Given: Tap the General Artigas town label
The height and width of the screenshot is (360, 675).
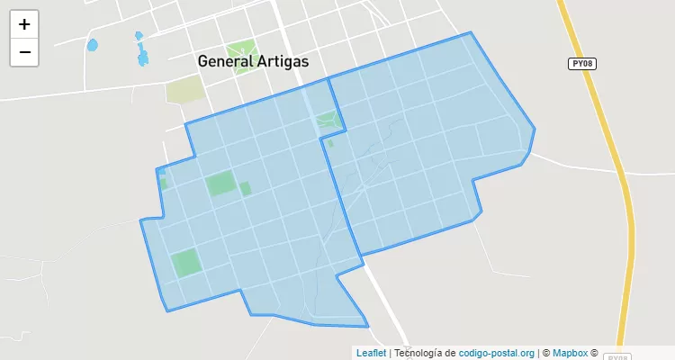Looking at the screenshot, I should click(253, 61).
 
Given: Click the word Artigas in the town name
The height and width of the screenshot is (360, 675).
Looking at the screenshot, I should click(279, 61).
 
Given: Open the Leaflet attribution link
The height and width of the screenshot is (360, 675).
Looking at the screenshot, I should click(371, 353).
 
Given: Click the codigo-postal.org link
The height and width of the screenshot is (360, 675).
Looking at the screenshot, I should click(497, 353).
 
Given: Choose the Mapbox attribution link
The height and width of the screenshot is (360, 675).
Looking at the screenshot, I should click(570, 353).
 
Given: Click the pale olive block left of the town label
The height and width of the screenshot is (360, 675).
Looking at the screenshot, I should click(184, 89).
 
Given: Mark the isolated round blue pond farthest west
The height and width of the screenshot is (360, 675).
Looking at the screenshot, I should click(91, 44).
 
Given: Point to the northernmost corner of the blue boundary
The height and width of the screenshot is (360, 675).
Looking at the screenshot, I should click(470, 32).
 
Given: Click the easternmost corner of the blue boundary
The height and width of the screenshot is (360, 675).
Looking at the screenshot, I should click(535, 128).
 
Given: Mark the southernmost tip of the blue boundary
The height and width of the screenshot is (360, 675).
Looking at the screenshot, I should click(368, 327).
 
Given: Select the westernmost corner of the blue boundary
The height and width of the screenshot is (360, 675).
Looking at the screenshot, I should click(140, 220).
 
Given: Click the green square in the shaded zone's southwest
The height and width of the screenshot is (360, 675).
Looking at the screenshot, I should click(186, 263).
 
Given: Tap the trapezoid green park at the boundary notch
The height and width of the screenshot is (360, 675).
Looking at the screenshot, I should click(328, 121).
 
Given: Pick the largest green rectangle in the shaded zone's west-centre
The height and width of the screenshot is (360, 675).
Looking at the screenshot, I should click(220, 184).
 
